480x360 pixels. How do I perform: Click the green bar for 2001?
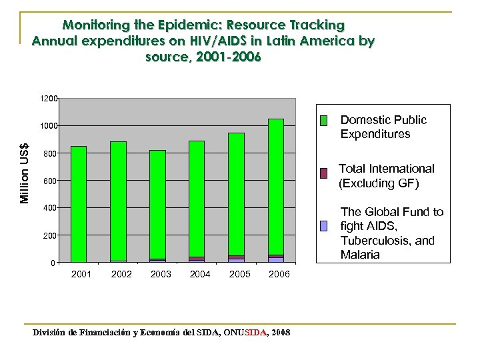click(x=79, y=203)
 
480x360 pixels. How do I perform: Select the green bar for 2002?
click(x=118, y=201)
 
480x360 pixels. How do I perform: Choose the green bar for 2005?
click(x=236, y=194)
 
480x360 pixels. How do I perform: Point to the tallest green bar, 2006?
click(x=276, y=187)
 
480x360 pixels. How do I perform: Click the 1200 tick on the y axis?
click(x=47, y=99)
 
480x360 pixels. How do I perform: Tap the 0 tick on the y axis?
click(x=52, y=263)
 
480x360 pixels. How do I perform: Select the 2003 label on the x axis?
click(x=161, y=275)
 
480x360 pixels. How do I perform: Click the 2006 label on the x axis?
click(x=279, y=275)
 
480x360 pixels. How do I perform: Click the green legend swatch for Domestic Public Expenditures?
click(x=324, y=121)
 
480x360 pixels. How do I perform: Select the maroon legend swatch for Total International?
click(x=324, y=173)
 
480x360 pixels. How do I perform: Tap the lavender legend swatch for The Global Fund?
click(x=324, y=225)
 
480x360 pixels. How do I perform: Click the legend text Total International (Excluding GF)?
click(x=386, y=175)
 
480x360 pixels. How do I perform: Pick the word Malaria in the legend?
click(x=360, y=255)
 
